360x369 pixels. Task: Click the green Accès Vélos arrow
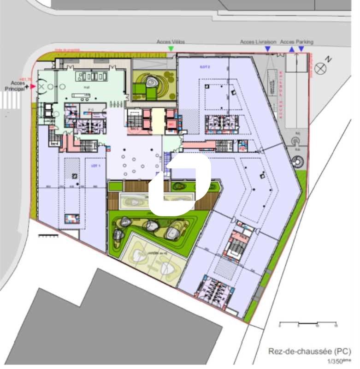(x=171, y=48)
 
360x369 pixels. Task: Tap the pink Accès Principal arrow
(x=32, y=86)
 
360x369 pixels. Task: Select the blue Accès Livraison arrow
(x=267, y=48)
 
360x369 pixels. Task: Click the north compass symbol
(x=320, y=69)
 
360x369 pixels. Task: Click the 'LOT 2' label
(x=205, y=67)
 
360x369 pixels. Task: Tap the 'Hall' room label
(x=86, y=87)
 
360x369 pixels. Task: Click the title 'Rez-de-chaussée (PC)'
(x=307, y=351)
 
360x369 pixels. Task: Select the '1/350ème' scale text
(x=335, y=361)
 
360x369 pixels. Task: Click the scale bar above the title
(x=308, y=321)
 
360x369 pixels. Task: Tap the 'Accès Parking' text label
(x=296, y=42)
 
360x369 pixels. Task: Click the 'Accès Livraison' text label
(x=258, y=42)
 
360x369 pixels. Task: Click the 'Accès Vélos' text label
(x=171, y=42)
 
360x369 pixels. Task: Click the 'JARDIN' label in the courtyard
(x=152, y=253)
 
